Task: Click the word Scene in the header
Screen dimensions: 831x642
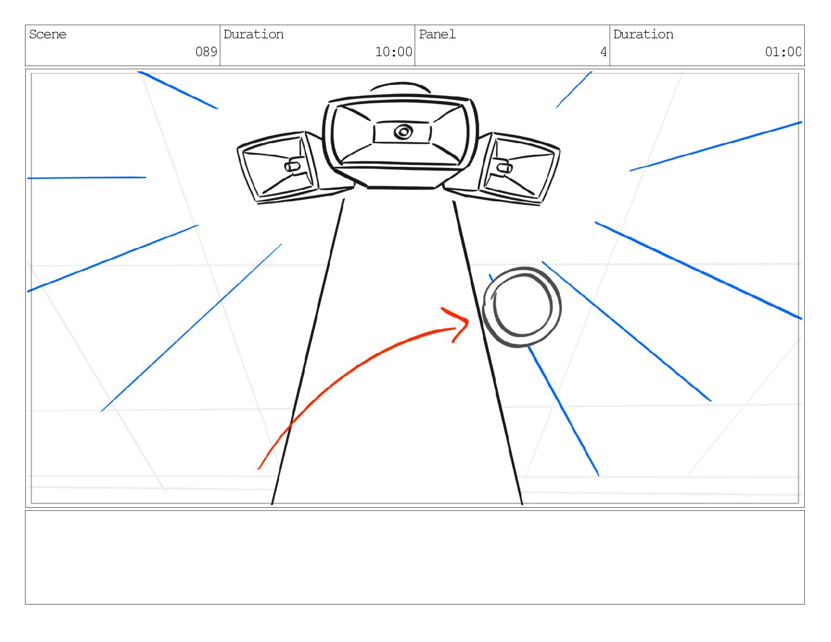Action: click(x=48, y=35)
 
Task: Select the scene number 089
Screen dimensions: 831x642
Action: click(x=206, y=52)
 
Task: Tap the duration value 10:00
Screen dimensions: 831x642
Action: click(x=393, y=52)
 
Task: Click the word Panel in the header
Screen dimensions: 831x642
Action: click(x=437, y=35)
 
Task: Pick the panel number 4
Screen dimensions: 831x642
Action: click(x=603, y=52)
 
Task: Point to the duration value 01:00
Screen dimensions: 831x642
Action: click(x=783, y=52)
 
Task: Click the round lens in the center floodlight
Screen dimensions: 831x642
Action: click(x=402, y=132)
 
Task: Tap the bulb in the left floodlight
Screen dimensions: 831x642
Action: click(x=292, y=166)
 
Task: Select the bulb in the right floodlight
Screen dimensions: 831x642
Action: click(x=505, y=168)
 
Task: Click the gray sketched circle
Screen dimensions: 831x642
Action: click(x=521, y=307)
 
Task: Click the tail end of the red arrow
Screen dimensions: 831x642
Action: click(x=260, y=467)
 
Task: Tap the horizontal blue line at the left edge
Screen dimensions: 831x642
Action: click(x=87, y=178)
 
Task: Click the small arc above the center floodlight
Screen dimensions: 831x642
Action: click(x=400, y=85)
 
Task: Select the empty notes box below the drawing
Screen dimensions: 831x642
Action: click(x=414, y=557)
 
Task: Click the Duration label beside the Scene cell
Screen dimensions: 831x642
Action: click(x=253, y=35)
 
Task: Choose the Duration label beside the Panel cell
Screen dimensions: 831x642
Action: click(x=643, y=35)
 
